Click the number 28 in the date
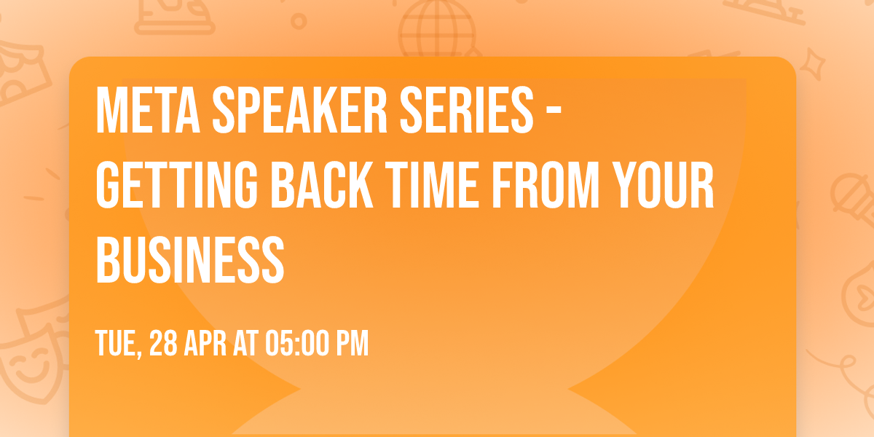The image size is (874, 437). point(162,344)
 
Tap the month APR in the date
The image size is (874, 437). point(205,344)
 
